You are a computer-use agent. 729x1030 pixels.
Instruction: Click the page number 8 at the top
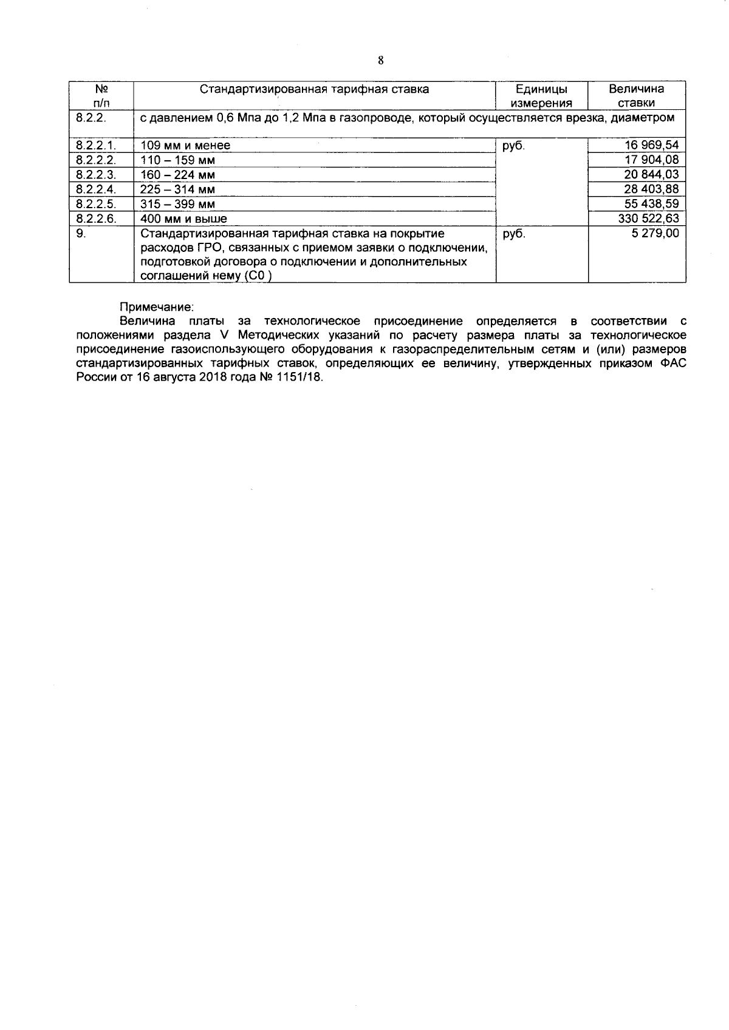381,60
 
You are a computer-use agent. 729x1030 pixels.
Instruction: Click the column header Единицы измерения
542,96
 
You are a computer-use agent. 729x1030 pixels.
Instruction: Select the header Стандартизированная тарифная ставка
315,89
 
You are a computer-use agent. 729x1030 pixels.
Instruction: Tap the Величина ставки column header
636,96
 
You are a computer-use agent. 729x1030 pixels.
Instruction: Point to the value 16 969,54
652,145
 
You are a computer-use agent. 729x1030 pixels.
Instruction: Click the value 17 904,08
652,160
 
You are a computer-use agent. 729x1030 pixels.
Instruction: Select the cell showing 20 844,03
652,174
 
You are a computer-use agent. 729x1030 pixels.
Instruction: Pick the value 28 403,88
652,189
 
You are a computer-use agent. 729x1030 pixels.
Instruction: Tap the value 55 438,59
652,203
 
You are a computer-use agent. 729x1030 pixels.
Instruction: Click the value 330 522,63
648,219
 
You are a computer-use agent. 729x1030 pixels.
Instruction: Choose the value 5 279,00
655,233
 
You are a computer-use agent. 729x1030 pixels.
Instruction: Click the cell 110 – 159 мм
177,160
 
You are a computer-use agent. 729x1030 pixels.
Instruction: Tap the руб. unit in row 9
514,234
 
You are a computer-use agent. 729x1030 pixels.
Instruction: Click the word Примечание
157,307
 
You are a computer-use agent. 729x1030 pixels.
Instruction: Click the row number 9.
81,233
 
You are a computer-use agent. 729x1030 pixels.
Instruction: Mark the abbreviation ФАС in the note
673,363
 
